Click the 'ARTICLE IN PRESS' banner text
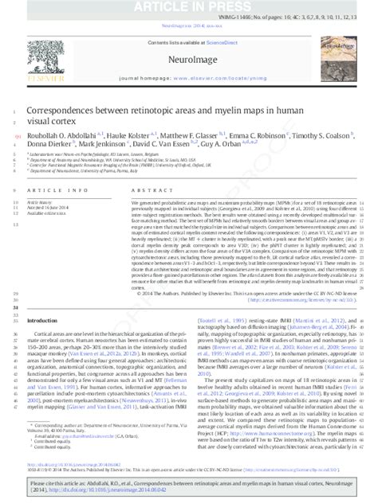pyautogui.click(x=189, y=6)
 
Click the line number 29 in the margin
pyautogui.click(x=17, y=293)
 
